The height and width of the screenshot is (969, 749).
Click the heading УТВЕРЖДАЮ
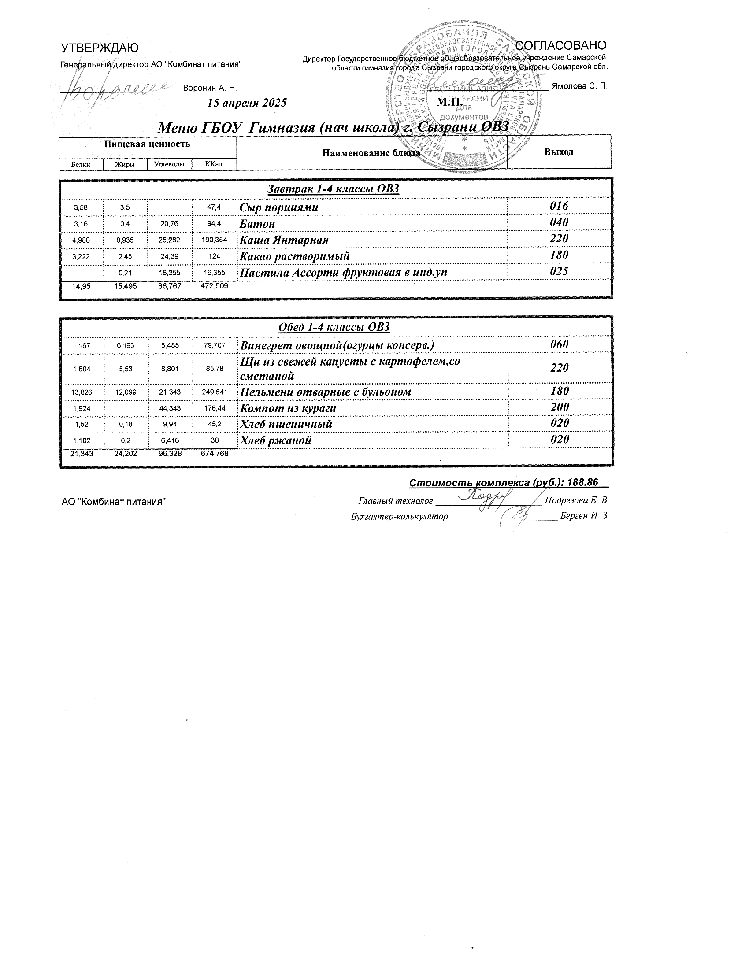100,48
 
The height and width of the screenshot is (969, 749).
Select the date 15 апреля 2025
247,103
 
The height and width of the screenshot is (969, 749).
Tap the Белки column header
81,165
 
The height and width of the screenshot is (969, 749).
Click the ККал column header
214,164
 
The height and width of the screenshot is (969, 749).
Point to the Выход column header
558,152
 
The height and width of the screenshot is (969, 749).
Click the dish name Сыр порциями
279,207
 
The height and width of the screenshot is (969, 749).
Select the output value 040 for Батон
559,222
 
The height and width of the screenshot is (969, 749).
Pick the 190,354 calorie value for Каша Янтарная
214,240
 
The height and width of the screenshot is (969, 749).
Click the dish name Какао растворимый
295,256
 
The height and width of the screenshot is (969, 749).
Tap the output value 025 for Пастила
559,271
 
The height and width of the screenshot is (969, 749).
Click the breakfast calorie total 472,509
214,286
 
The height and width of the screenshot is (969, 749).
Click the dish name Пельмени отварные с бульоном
325,392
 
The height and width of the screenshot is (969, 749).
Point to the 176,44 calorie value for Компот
214,408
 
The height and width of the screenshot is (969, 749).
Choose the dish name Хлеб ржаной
275,440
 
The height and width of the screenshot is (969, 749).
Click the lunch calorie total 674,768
214,454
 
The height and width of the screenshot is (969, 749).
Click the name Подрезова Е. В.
576,500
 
